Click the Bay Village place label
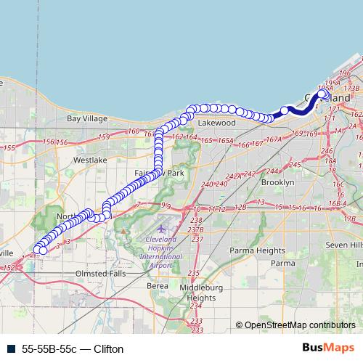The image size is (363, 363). click(x=86, y=118)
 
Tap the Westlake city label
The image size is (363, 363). click(x=90, y=158)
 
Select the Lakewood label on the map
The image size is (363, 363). click(x=217, y=123)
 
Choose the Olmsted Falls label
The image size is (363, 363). click(x=101, y=274)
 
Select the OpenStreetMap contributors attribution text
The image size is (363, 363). click(x=298, y=325)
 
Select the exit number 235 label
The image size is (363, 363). click(x=194, y=273)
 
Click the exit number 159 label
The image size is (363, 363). click(x=104, y=136)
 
